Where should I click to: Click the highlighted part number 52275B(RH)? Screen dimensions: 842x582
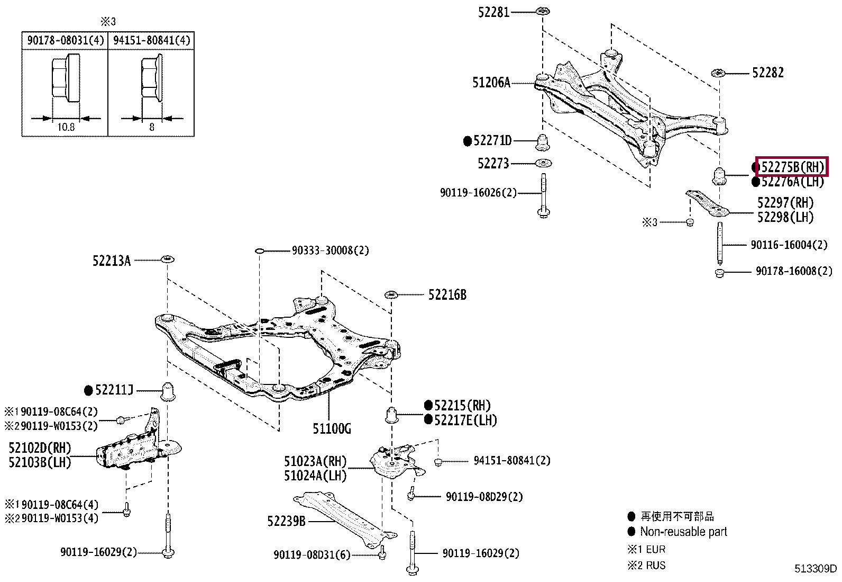[x=792, y=167]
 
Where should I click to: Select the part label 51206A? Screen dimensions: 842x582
[x=491, y=83]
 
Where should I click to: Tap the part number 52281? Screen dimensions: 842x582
[x=493, y=12]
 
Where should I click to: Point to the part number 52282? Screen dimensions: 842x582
[x=767, y=73]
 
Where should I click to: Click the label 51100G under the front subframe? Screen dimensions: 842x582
[x=332, y=428]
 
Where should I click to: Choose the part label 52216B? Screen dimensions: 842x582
[x=447, y=295]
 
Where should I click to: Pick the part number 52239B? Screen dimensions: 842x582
[x=287, y=522]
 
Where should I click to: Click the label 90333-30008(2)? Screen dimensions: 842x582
[x=331, y=250]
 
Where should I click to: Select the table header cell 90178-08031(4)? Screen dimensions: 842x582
[x=66, y=40]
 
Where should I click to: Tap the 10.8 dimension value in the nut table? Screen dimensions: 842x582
[x=66, y=127]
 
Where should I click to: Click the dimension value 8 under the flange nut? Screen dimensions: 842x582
[x=151, y=127]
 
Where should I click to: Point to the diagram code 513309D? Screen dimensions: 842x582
[x=816, y=569]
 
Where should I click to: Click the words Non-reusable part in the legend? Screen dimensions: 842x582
[x=683, y=532]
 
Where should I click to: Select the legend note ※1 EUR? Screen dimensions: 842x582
[x=646, y=549]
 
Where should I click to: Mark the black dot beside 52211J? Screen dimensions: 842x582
[x=88, y=391]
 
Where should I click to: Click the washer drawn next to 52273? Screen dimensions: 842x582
[x=543, y=164]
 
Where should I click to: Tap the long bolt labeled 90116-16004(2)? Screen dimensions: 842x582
[x=719, y=244]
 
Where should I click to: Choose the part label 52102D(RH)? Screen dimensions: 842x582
[x=40, y=448]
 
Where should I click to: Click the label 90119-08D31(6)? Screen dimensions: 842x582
[x=312, y=555]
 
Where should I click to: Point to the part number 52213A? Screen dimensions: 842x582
[x=112, y=261]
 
